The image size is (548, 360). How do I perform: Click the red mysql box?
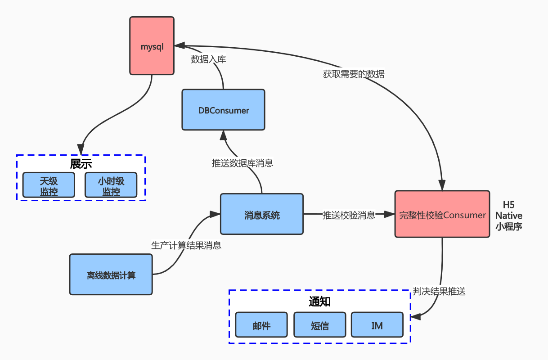click(152, 45)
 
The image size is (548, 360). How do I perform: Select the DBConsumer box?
click(223, 110)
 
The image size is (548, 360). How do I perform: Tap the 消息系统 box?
click(261, 215)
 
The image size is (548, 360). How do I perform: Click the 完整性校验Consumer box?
click(442, 214)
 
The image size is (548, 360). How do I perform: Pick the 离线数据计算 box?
click(111, 274)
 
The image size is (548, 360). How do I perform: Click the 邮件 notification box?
click(261, 325)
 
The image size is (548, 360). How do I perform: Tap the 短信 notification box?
click(319, 325)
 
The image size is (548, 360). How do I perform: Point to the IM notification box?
click(377, 325)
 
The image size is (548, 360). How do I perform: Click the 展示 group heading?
click(81, 164)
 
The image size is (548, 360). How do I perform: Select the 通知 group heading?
click(319, 301)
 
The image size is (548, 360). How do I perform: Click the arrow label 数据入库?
click(208, 59)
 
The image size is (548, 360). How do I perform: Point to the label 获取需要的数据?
click(354, 74)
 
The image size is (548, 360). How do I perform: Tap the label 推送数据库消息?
click(243, 163)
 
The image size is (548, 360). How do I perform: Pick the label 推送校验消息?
click(349, 215)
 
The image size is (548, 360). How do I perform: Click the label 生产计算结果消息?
click(186, 246)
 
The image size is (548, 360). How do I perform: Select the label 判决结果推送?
click(439, 291)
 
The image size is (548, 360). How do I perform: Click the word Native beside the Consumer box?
click(509, 216)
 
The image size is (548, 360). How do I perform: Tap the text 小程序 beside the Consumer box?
click(509, 227)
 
